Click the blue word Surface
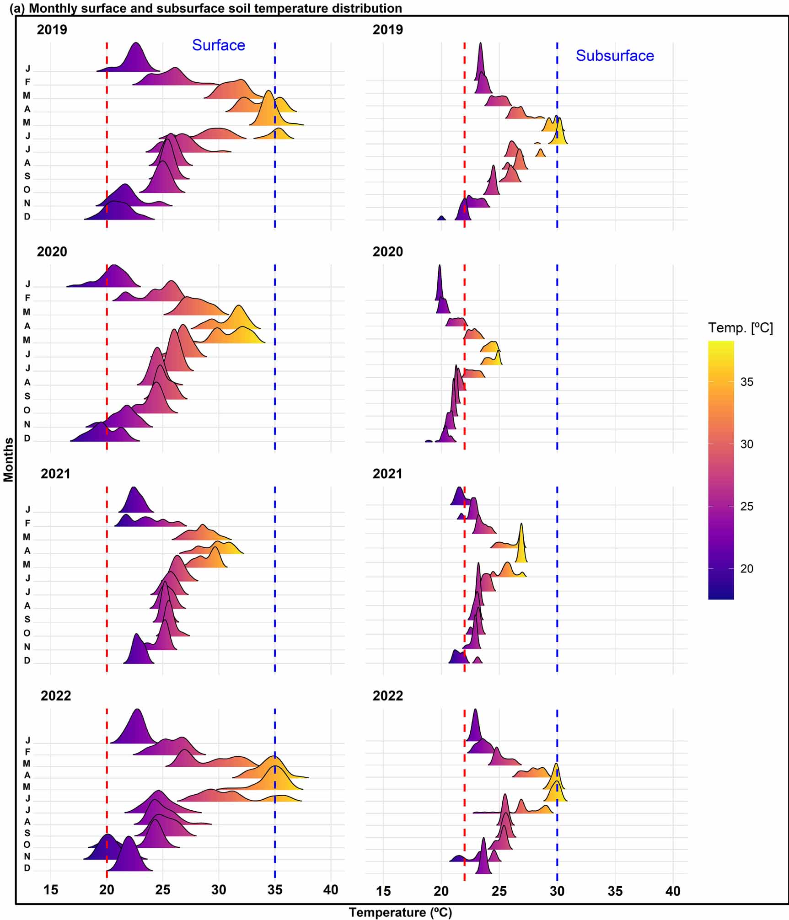218,45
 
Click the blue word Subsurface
614,55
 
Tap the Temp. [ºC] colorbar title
740,327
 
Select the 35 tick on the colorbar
746,382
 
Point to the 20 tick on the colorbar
746,568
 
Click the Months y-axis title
8,460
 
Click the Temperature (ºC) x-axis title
400,912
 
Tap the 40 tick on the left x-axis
330,890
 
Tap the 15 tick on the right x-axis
383,891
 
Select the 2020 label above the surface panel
52,251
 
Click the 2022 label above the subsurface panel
387,695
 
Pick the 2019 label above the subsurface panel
387,30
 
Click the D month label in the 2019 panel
27,217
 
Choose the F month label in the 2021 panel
27,523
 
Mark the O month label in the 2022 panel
27,845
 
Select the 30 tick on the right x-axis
557,891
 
